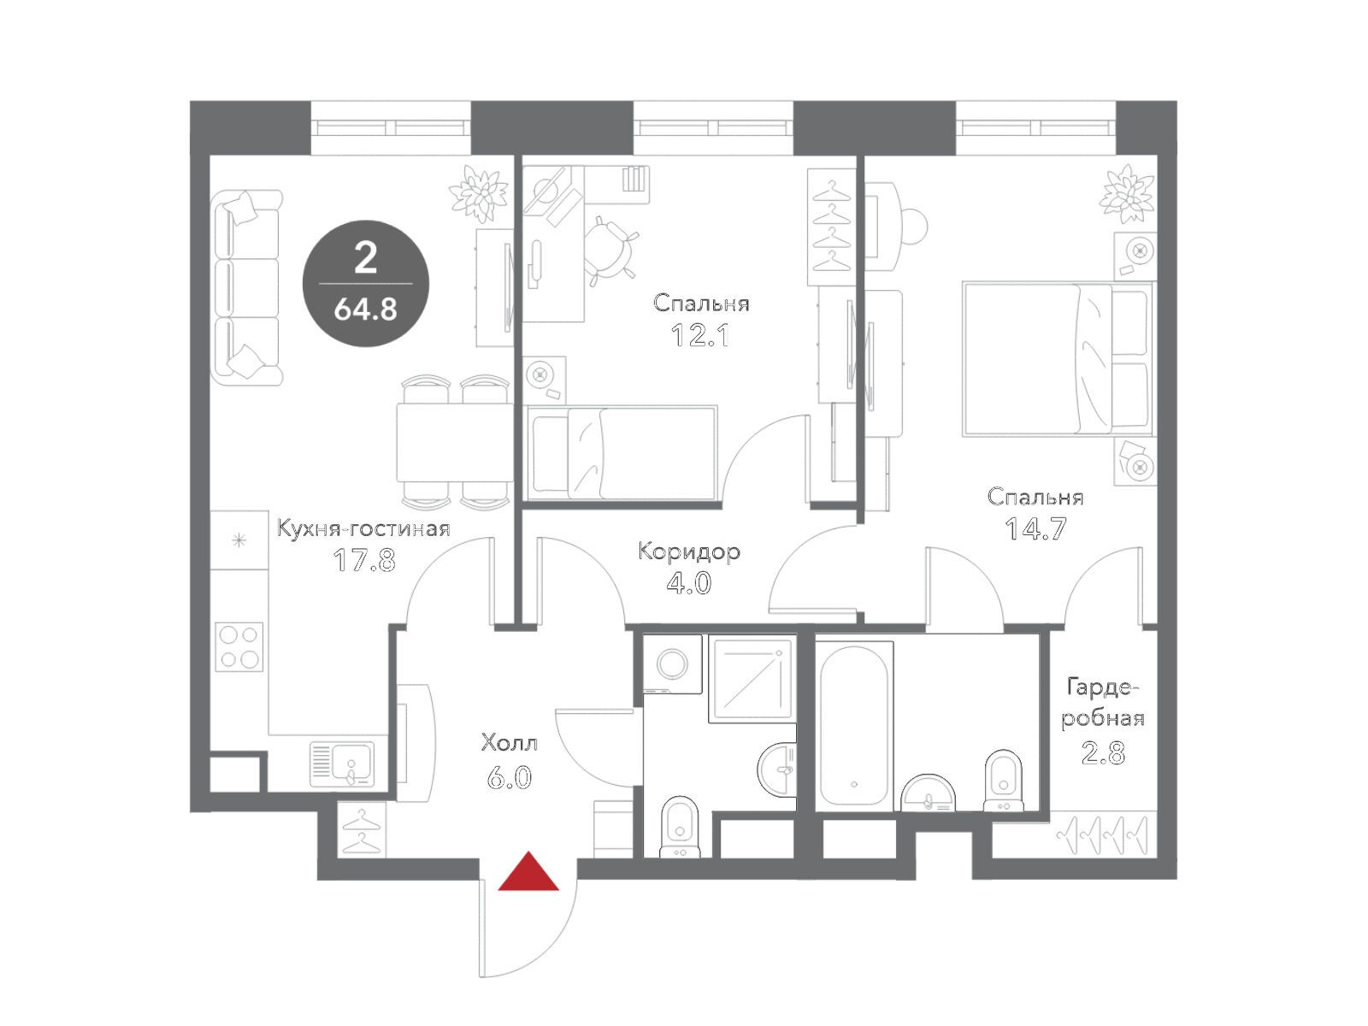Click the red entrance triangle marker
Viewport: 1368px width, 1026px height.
pyautogui.click(x=528, y=871)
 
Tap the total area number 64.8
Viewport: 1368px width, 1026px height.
pyautogui.click(x=365, y=309)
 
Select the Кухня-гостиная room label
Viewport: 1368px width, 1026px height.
pyautogui.click(x=363, y=529)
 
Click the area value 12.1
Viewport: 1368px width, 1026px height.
pyautogui.click(x=700, y=336)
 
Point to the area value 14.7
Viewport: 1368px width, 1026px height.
pyautogui.click(x=1035, y=529)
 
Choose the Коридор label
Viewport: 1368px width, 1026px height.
pyautogui.click(x=689, y=552)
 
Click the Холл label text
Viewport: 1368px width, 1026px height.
pyautogui.click(x=510, y=742)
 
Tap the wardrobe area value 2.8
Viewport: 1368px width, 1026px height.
pyautogui.click(x=1102, y=754)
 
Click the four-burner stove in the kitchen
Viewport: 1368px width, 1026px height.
pyautogui.click(x=239, y=646)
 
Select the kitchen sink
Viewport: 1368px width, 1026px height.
pyautogui.click(x=342, y=764)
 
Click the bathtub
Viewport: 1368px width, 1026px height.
pyautogui.click(x=854, y=726)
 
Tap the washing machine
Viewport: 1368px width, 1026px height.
pyautogui.click(x=673, y=663)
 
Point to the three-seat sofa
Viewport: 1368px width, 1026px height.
pyautogui.click(x=246, y=287)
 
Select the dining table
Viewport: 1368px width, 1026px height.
pyautogui.click(x=454, y=442)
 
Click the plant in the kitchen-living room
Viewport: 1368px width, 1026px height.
pyautogui.click(x=479, y=193)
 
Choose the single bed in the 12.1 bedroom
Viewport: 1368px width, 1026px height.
pyautogui.click(x=621, y=453)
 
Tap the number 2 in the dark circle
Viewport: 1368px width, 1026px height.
pyautogui.click(x=365, y=258)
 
